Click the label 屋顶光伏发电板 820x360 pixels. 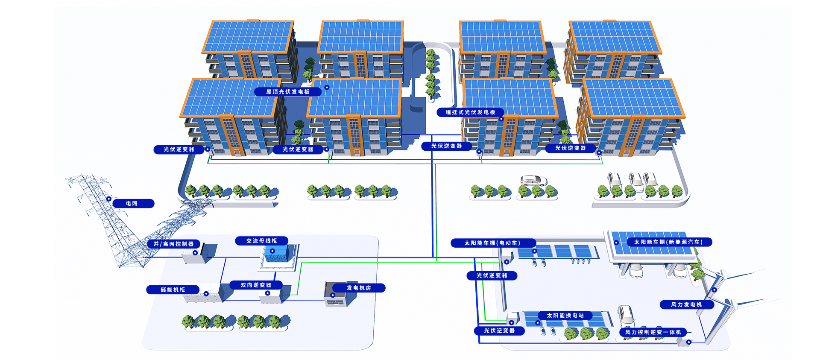pyautogui.click(x=287, y=92)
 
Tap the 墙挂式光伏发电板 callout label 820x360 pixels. pyautogui.click(x=470, y=112)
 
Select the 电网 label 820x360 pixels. pyautogui.click(x=132, y=204)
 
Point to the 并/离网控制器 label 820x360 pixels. pyautogui.click(x=173, y=244)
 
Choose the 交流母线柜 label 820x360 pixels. pyautogui.click(x=261, y=241)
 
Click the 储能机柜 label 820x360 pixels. pyautogui.click(x=173, y=290)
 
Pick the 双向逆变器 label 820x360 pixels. pyautogui.click(x=256, y=285)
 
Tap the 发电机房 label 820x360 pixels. pyautogui.click(x=359, y=288)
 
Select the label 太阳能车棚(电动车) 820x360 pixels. pyautogui.click(x=492, y=243)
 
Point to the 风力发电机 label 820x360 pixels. pyautogui.click(x=686, y=304)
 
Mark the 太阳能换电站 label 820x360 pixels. pyautogui.click(x=565, y=316)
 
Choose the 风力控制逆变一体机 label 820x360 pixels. pyautogui.click(x=653, y=332)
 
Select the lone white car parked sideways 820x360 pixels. pyautogui.click(x=533, y=180)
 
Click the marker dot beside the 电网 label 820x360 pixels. pyautogui.click(x=109, y=199)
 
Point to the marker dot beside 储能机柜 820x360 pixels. pyautogui.click(x=206, y=294)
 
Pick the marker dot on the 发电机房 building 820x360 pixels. pyautogui.click(x=333, y=295)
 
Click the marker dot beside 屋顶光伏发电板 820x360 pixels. pyautogui.click(x=327, y=87)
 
